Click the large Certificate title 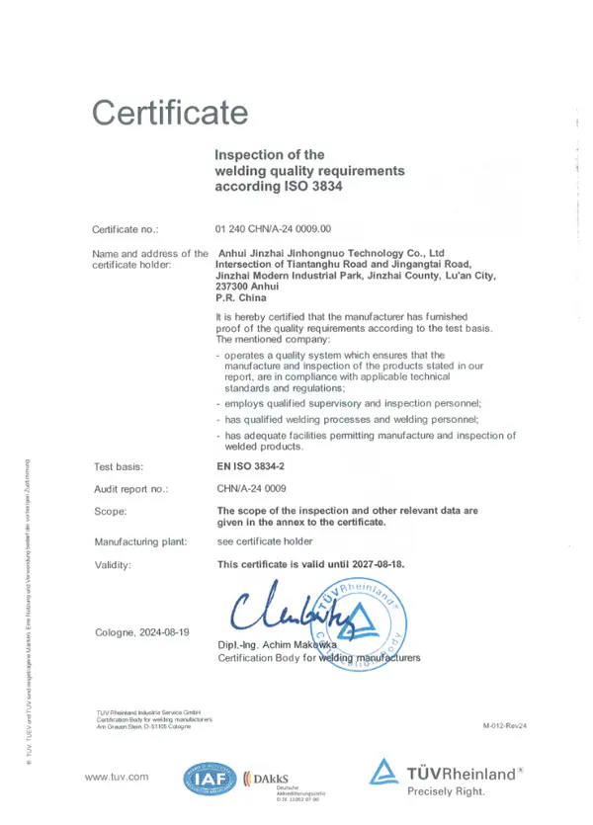(169, 112)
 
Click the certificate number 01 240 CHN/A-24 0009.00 (280, 228)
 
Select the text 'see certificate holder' (264, 541)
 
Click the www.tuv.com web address (117, 778)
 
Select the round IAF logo (208, 781)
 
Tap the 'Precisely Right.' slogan (453, 791)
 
